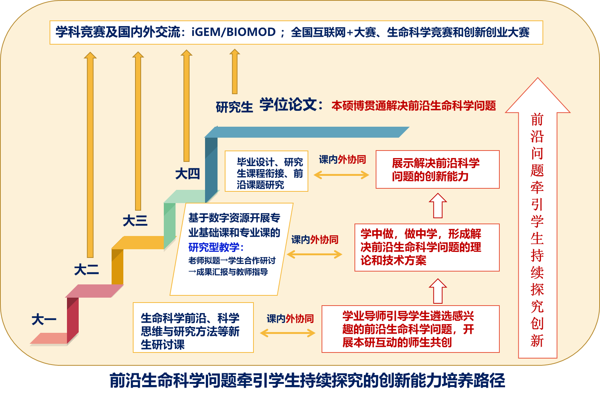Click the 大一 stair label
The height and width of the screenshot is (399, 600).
[x=44, y=320]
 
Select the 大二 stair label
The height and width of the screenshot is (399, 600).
[x=86, y=270]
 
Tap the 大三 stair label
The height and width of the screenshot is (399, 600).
[x=135, y=220]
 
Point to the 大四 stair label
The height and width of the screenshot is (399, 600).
[x=187, y=174]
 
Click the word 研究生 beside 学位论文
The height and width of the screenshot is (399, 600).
[x=234, y=107]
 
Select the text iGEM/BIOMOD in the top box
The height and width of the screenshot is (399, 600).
[x=233, y=32]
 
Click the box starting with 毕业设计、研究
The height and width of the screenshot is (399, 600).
[x=266, y=171]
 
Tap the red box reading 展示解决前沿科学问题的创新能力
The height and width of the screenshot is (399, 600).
[x=437, y=169]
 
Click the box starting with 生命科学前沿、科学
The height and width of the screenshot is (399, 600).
[x=193, y=328]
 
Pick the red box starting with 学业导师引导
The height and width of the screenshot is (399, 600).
[x=410, y=329]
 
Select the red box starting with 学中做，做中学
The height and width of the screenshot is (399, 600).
[x=427, y=247]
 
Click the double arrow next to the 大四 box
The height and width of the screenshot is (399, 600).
[x=341, y=175]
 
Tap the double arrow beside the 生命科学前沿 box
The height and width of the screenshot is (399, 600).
[x=288, y=333]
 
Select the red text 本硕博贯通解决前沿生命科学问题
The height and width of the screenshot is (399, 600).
[x=413, y=106]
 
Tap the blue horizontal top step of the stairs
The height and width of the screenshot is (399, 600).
[x=306, y=132]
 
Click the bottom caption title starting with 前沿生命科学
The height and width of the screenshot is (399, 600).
[x=307, y=380]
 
